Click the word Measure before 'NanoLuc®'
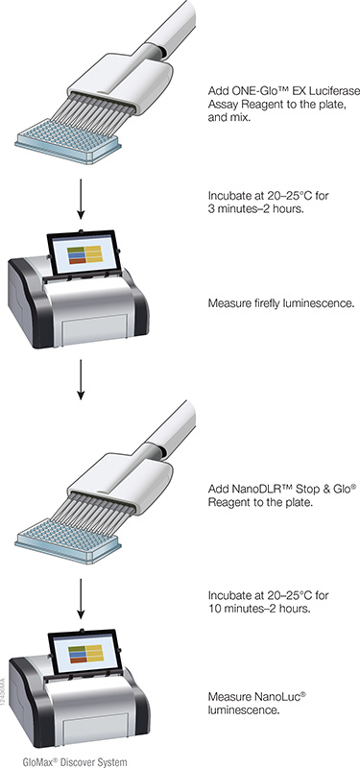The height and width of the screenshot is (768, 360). pos(230,695)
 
